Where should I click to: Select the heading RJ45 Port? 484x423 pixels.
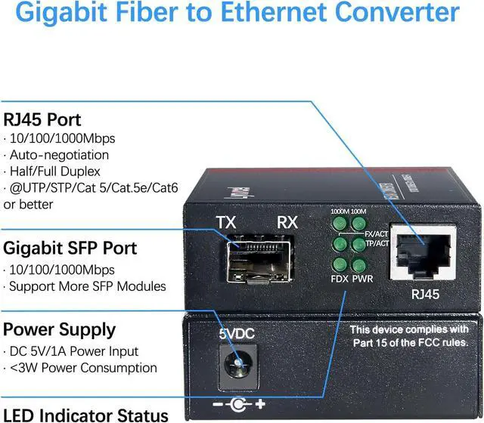(42, 120)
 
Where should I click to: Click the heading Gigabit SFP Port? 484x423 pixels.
(70, 249)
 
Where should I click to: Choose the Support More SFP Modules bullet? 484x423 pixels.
(86, 286)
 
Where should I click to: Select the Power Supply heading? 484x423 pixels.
(60, 330)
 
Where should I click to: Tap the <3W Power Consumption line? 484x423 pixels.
(82, 369)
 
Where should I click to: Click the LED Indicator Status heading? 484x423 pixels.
(86, 414)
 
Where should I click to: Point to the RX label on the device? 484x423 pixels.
(287, 223)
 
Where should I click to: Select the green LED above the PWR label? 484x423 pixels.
(360, 264)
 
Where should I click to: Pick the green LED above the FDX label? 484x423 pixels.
(340, 264)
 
